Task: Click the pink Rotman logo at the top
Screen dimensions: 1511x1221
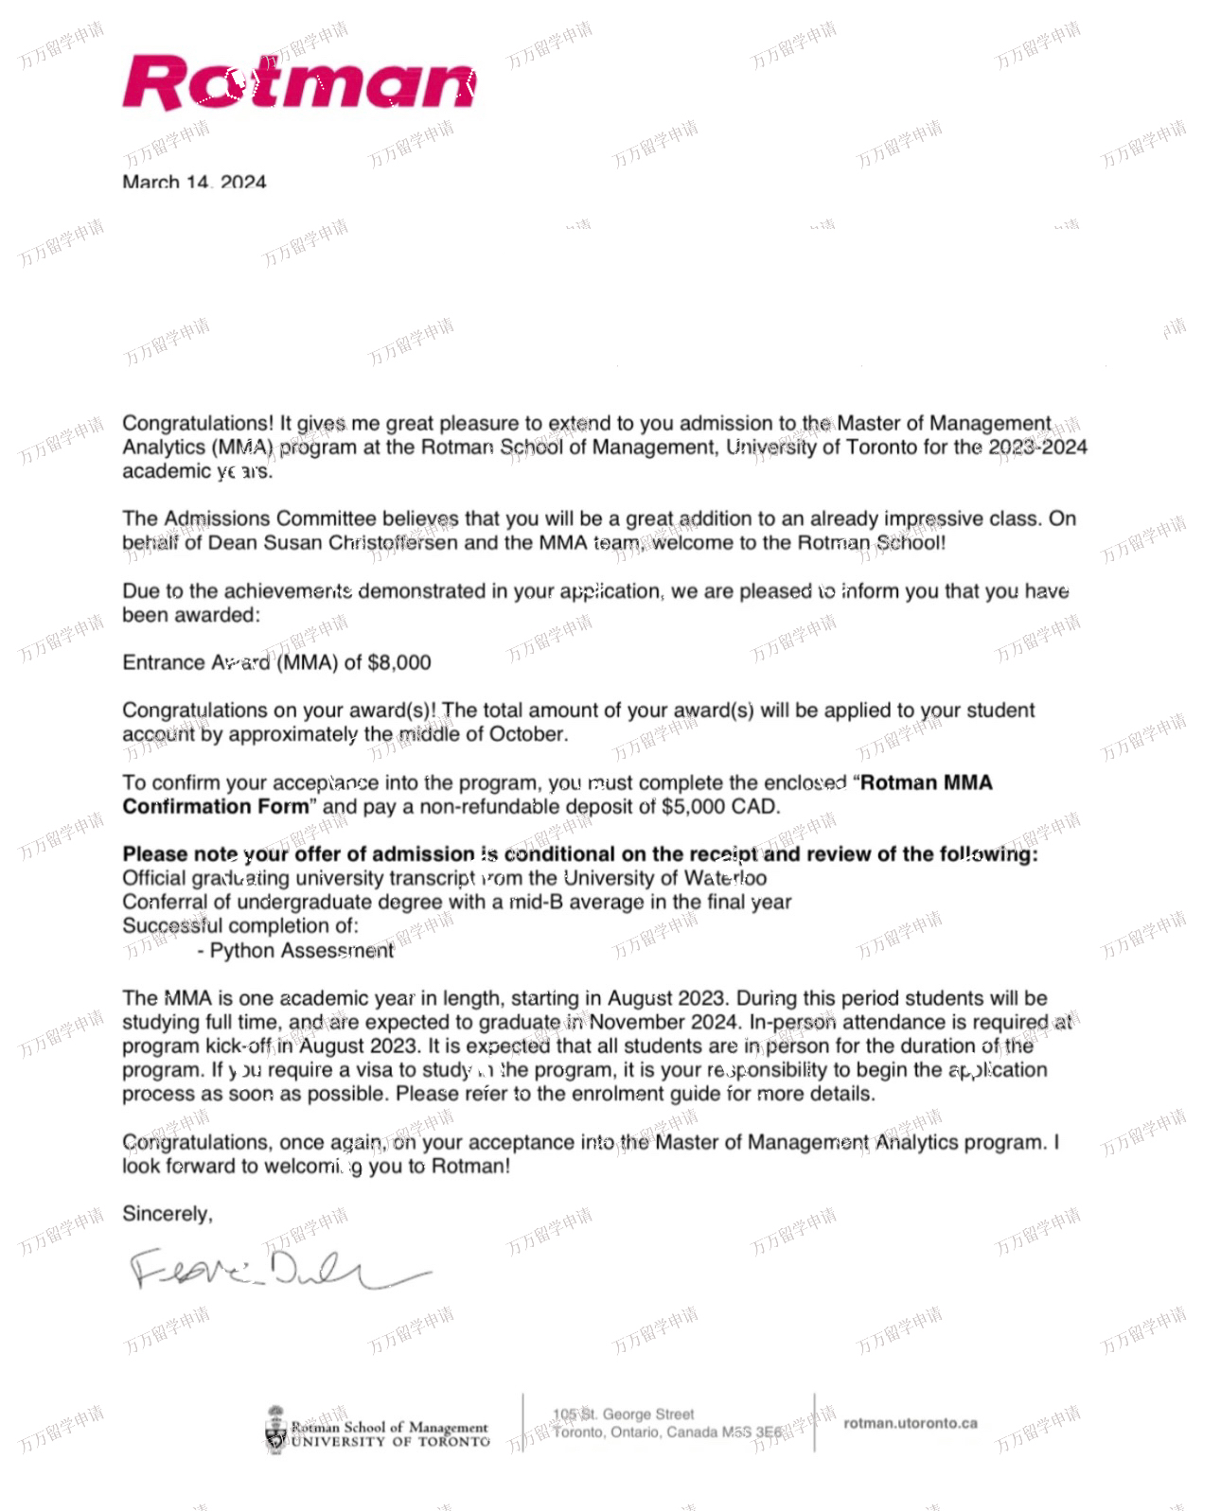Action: [x=298, y=83]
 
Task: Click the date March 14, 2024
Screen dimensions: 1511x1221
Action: [x=194, y=182]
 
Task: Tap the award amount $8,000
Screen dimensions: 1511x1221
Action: [x=398, y=662]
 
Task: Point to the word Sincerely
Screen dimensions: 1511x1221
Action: [x=167, y=1214]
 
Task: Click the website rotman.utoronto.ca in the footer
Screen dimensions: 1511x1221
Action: [x=910, y=1423]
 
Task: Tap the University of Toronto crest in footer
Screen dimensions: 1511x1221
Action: [x=275, y=1429]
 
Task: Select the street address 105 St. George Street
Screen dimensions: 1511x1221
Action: [x=624, y=1414]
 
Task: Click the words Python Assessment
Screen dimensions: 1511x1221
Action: [x=301, y=951]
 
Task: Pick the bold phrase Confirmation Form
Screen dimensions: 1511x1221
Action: [x=216, y=807]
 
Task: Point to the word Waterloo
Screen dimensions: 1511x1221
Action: [x=725, y=878]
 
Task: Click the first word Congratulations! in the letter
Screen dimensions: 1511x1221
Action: [x=198, y=423]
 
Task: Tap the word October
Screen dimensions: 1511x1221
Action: [x=526, y=734]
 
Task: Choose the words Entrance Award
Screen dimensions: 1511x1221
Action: [x=196, y=662]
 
